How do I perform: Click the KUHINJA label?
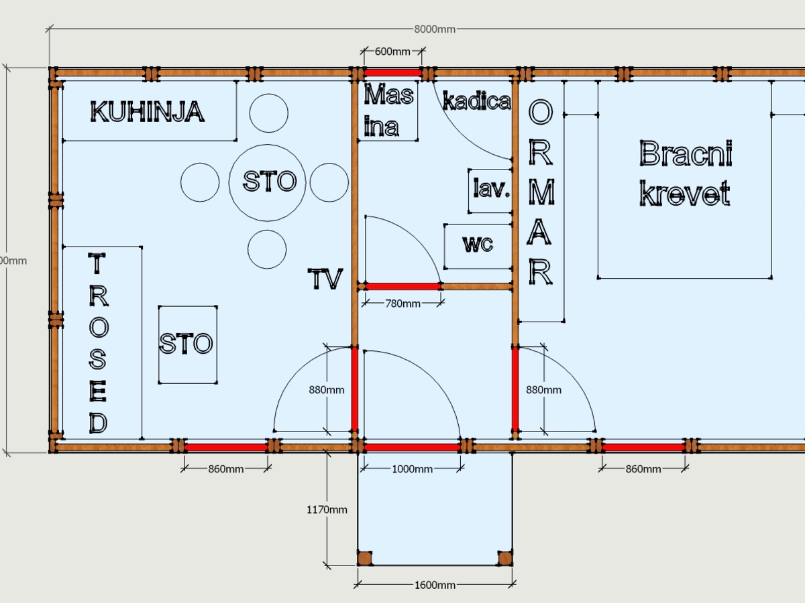pos(147,112)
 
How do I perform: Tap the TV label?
pos(325,279)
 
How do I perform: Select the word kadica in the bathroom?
pos(476,100)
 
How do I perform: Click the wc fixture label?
pos(478,244)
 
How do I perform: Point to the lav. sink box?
pos(490,191)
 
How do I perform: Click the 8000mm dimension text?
pos(435,29)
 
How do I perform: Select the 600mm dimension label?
pos(392,52)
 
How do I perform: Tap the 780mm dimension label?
pos(402,304)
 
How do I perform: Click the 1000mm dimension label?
pos(412,469)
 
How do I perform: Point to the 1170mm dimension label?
pos(327,510)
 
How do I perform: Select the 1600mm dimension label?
pos(435,585)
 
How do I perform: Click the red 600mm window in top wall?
pos(393,73)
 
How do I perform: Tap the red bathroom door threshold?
pos(403,286)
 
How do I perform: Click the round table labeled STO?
pos(268,183)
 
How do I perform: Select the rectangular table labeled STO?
pos(188,344)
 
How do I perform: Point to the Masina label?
pos(388,110)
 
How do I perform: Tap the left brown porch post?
pos(365,558)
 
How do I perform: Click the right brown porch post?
pos(505,558)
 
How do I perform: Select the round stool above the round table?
pos(269,113)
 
